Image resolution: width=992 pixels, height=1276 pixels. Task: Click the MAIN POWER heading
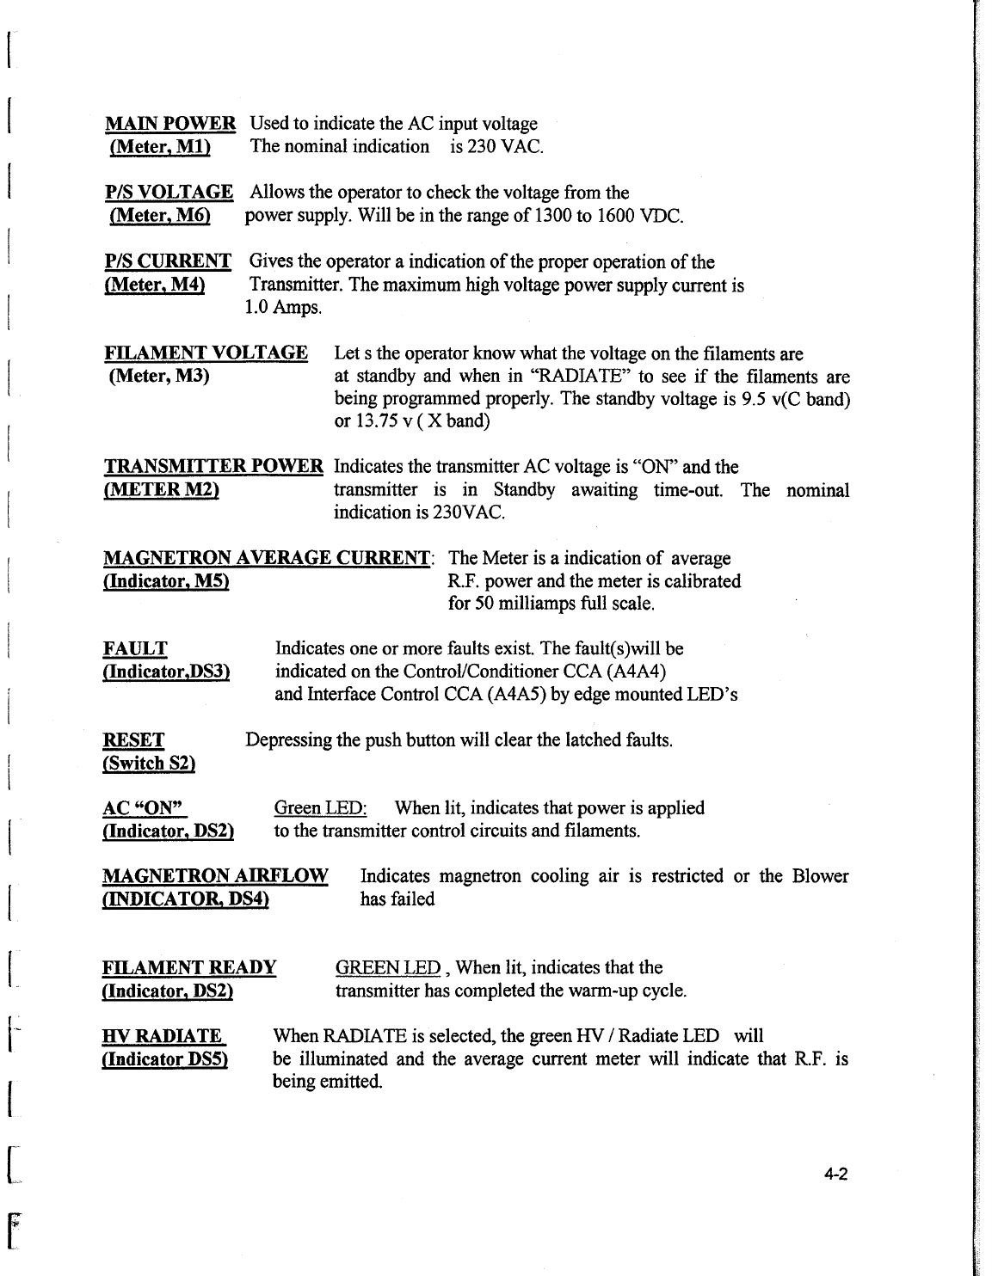(x=169, y=124)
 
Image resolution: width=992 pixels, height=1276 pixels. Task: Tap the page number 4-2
(x=835, y=1175)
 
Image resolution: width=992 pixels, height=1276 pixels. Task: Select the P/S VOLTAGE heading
(x=169, y=193)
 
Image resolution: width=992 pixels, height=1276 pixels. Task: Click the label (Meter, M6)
(x=160, y=215)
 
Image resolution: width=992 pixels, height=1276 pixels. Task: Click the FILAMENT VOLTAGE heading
(x=206, y=353)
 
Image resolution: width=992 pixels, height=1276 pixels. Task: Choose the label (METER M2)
(x=161, y=490)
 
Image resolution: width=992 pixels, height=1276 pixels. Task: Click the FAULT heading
(x=135, y=648)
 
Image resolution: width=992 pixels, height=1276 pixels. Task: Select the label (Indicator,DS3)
(x=166, y=672)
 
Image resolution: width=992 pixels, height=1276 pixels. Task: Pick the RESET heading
(x=133, y=740)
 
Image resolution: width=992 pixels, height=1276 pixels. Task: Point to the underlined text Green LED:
(x=320, y=808)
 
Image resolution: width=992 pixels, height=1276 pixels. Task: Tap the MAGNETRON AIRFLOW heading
(x=215, y=877)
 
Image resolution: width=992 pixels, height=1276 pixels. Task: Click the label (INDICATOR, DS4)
(x=186, y=899)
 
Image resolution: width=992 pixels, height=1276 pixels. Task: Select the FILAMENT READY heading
(x=189, y=968)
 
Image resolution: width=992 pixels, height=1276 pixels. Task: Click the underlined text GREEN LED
(x=387, y=968)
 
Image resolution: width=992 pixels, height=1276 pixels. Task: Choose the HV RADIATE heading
(x=163, y=1036)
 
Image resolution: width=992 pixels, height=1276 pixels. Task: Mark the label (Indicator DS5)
(x=164, y=1058)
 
